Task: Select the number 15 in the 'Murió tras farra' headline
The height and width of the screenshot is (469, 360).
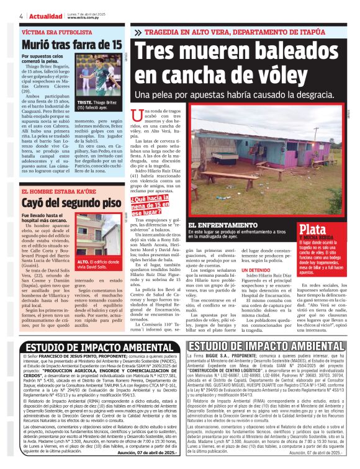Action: [114, 45]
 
